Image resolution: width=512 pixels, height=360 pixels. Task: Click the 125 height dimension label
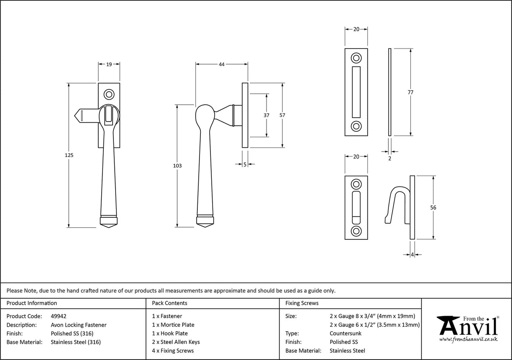(x=70, y=155)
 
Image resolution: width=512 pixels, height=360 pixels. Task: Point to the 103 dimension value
(x=177, y=166)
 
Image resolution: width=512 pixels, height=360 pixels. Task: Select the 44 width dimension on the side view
(x=221, y=64)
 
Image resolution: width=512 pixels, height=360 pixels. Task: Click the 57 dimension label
(x=283, y=115)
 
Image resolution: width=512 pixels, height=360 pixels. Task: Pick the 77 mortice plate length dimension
(x=410, y=92)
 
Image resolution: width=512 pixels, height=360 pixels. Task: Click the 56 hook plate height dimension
(x=433, y=207)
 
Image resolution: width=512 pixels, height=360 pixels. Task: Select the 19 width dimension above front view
(x=109, y=64)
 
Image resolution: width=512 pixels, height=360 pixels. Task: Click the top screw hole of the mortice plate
(x=356, y=58)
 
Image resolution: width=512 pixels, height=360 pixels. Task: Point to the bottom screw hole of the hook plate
(x=356, y=231)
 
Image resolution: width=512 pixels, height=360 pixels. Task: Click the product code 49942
(x=58, y=316)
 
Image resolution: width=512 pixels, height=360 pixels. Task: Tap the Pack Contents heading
(x=170, y=303)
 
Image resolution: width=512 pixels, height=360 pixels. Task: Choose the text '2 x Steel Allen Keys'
(x=176, y=342)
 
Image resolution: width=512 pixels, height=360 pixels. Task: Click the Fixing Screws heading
(x=302, y=303)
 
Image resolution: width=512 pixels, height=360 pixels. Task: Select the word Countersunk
(x=345, y=333)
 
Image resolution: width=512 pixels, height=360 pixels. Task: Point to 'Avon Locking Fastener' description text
(x=78, y=325)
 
